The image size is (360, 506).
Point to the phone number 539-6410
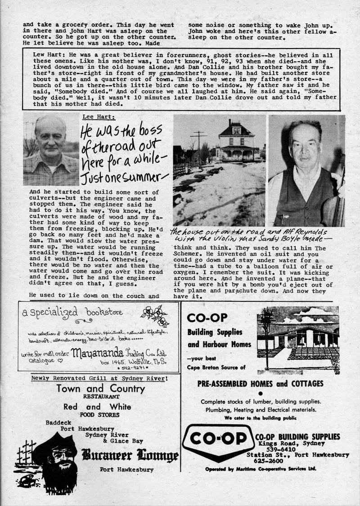pos(278,448)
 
